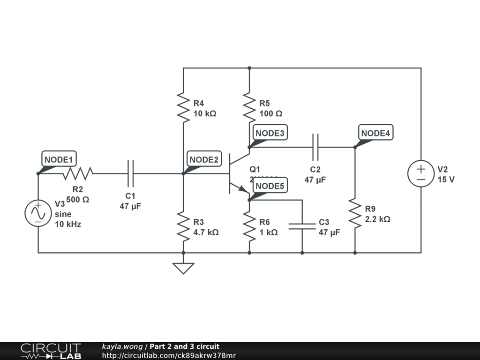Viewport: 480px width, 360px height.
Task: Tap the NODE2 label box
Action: (x=204, y=160)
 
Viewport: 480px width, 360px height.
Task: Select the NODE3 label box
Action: (x=270, y=133)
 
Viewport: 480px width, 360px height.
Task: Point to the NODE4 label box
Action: (x=376, y=133)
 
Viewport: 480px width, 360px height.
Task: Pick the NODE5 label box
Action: (x=270, y=186)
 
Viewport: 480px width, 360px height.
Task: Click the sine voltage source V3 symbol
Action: (x=38, y=213)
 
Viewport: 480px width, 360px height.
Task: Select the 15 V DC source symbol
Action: (x=421, y=173)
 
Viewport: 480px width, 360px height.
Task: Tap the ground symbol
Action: (x=183, y=268)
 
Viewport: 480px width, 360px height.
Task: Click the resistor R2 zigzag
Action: (x=78, y=173)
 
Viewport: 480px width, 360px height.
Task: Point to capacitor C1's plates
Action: (x=130, y=173)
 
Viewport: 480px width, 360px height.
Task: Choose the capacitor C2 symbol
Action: (x=315, y=147)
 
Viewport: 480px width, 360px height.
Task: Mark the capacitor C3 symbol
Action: (x=302, y=226)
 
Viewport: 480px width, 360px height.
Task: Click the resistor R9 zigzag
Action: (x=355, y=213)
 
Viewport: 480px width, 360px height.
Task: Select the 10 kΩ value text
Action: (x=205, y=113)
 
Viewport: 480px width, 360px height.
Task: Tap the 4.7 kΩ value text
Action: (x=206, y=232)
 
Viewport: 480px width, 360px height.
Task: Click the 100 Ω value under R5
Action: (x=271, y=113)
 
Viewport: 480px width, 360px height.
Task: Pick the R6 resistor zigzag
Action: (x=249, y=226)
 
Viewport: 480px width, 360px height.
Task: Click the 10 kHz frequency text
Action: (x=68, y=224)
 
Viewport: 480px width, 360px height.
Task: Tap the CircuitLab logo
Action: (x=51, y=351)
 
